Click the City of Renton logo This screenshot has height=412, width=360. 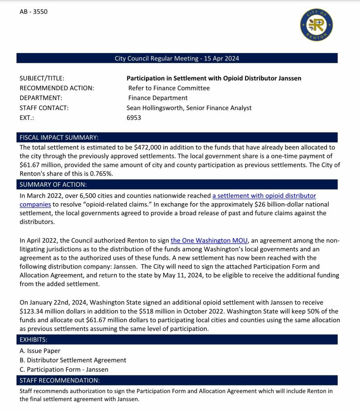coord(317,25)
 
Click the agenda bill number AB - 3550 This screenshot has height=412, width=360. coord(33,12)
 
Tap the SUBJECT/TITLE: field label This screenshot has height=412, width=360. coord(42,78)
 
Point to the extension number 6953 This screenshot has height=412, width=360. coord(134,118)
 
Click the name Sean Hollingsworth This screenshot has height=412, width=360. coord(155,108)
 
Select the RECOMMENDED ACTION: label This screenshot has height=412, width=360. coord(57,88)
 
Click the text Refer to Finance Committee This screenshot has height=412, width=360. coord(169,88)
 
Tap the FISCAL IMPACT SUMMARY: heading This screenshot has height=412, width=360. coord(59,138)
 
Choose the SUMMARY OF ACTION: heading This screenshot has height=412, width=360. coord(53,185)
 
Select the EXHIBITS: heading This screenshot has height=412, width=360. coord(33,340)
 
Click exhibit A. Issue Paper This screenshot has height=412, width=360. coord(40,351)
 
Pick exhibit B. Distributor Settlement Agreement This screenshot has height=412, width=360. coord(73,360)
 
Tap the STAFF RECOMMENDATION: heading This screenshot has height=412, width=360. coord(60,380)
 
